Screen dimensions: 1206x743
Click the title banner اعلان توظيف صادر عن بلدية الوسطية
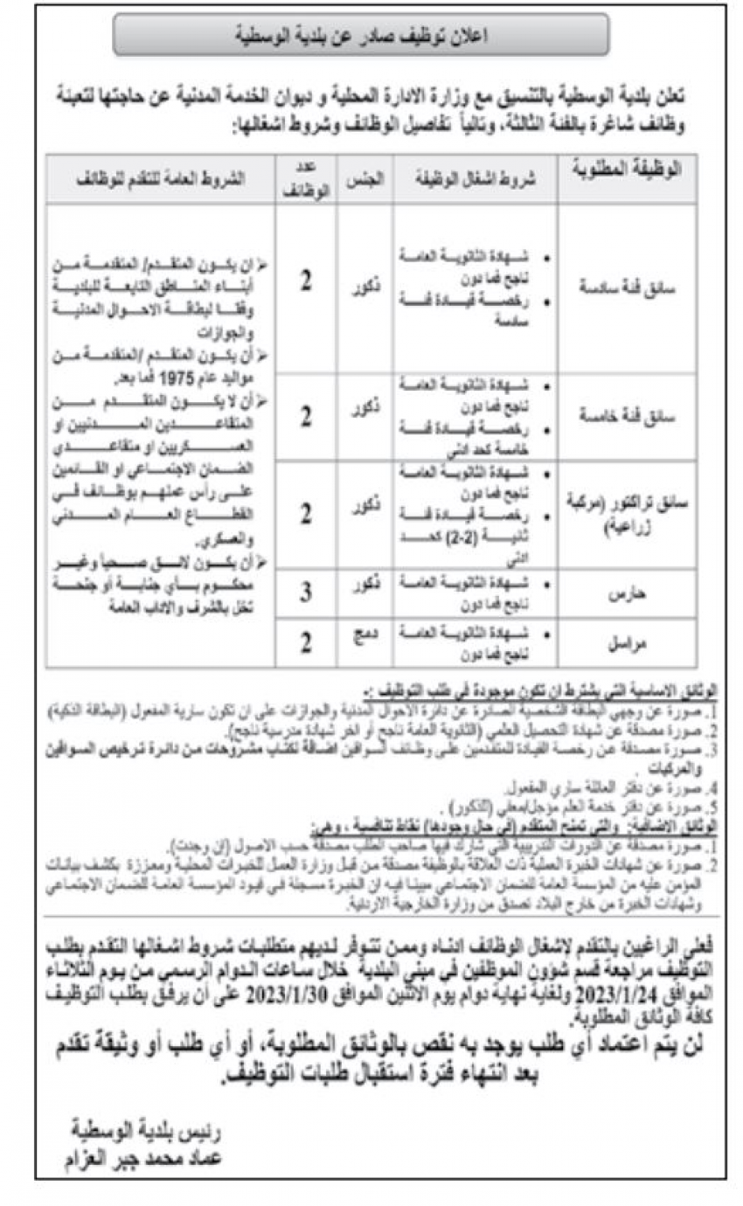coord(361,35)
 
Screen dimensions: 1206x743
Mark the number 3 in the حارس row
coord(306,593)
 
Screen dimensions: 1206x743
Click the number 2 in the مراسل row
coord(306,642)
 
